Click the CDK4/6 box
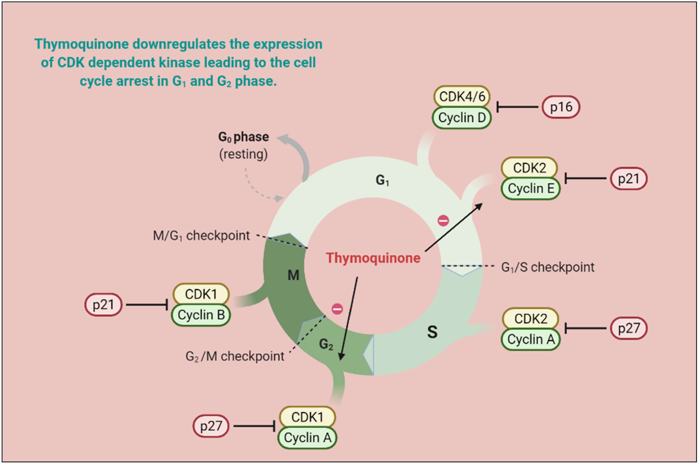[462, 96]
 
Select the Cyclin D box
[462, 118]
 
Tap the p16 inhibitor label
[561, 107]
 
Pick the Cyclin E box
[531, 189]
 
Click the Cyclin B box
[201, 315]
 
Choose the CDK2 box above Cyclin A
[531, 319]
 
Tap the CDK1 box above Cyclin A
[307, 417]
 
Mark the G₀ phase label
[243, 137]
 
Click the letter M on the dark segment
[293, 275]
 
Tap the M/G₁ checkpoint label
[201, 236]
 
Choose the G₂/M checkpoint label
[235, 356]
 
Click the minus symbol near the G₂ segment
[337, 309]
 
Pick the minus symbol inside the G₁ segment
[443, 220]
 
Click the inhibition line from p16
[518, 107]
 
